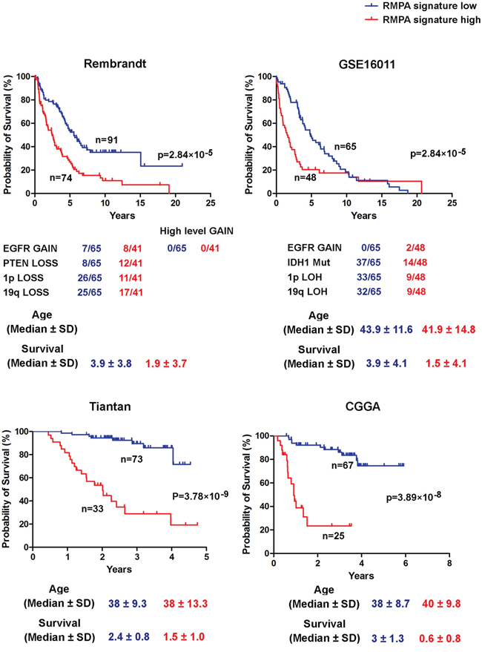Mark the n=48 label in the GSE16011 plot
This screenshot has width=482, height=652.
[x=305, y=178]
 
